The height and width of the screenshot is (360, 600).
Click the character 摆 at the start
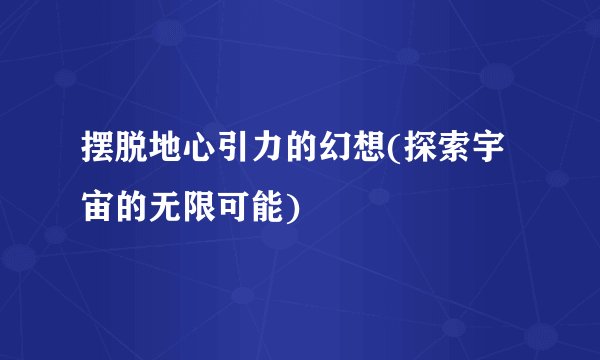tap(99, 153)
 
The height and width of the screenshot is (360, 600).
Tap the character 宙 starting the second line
tap(99, 204)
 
